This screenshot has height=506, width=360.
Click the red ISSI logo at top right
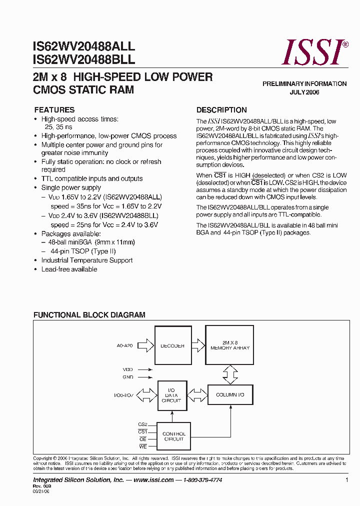314,52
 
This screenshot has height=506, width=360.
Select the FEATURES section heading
54,110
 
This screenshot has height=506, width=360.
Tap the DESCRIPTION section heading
221,110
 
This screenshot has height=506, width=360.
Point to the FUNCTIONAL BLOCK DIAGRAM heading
89,315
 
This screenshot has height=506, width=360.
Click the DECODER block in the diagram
172,345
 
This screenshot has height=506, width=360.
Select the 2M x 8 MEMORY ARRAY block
230,345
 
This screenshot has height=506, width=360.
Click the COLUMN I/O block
230,395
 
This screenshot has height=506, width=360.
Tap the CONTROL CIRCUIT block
173,436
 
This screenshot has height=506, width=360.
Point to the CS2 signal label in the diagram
142,424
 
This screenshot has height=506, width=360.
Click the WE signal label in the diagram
143,446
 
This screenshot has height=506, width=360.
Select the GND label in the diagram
128,377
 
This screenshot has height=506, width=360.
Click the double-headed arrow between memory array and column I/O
230,373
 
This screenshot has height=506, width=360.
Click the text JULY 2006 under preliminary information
304,92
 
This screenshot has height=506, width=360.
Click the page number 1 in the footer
346,480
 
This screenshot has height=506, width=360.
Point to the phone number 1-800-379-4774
202,480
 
